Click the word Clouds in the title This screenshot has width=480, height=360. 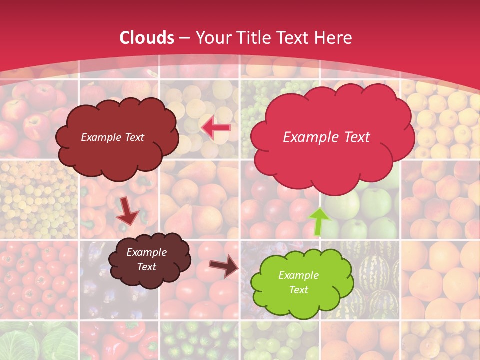(x=147, y=38)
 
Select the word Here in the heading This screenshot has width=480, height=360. (x=334, y=38)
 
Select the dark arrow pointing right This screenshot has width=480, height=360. (x=223, y=266)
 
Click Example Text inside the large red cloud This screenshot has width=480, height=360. (x=326, y=137)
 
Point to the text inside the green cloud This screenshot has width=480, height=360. (x=298, y=282)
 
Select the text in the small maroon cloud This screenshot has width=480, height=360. (x=146, y=259)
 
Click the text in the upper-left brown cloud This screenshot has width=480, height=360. (x=112, y=137)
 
